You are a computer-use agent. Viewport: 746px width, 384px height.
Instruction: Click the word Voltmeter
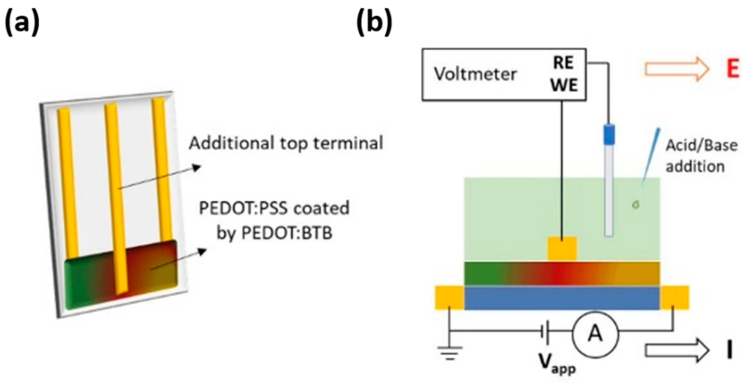point(475,74)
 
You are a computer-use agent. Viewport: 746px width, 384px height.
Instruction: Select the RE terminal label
point(563,63)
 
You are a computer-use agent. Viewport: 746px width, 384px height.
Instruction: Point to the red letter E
point(733,69)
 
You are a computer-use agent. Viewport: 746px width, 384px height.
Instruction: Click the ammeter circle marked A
point(595,335)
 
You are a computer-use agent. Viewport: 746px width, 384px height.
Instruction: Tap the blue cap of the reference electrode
point(609,134)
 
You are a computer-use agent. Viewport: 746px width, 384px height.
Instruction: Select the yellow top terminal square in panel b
point(562,249)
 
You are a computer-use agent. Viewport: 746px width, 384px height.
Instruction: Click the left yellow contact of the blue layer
point(449,298)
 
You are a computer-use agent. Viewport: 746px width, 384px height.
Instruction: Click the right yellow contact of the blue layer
point(674,298)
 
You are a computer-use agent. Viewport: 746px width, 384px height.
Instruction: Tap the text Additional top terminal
point(286,143)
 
